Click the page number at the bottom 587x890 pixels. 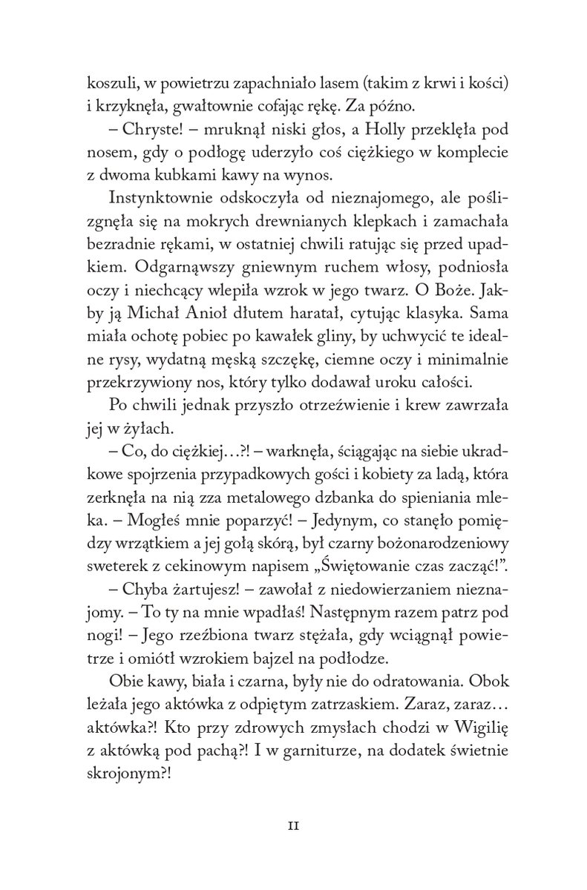(x=293, y=824)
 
